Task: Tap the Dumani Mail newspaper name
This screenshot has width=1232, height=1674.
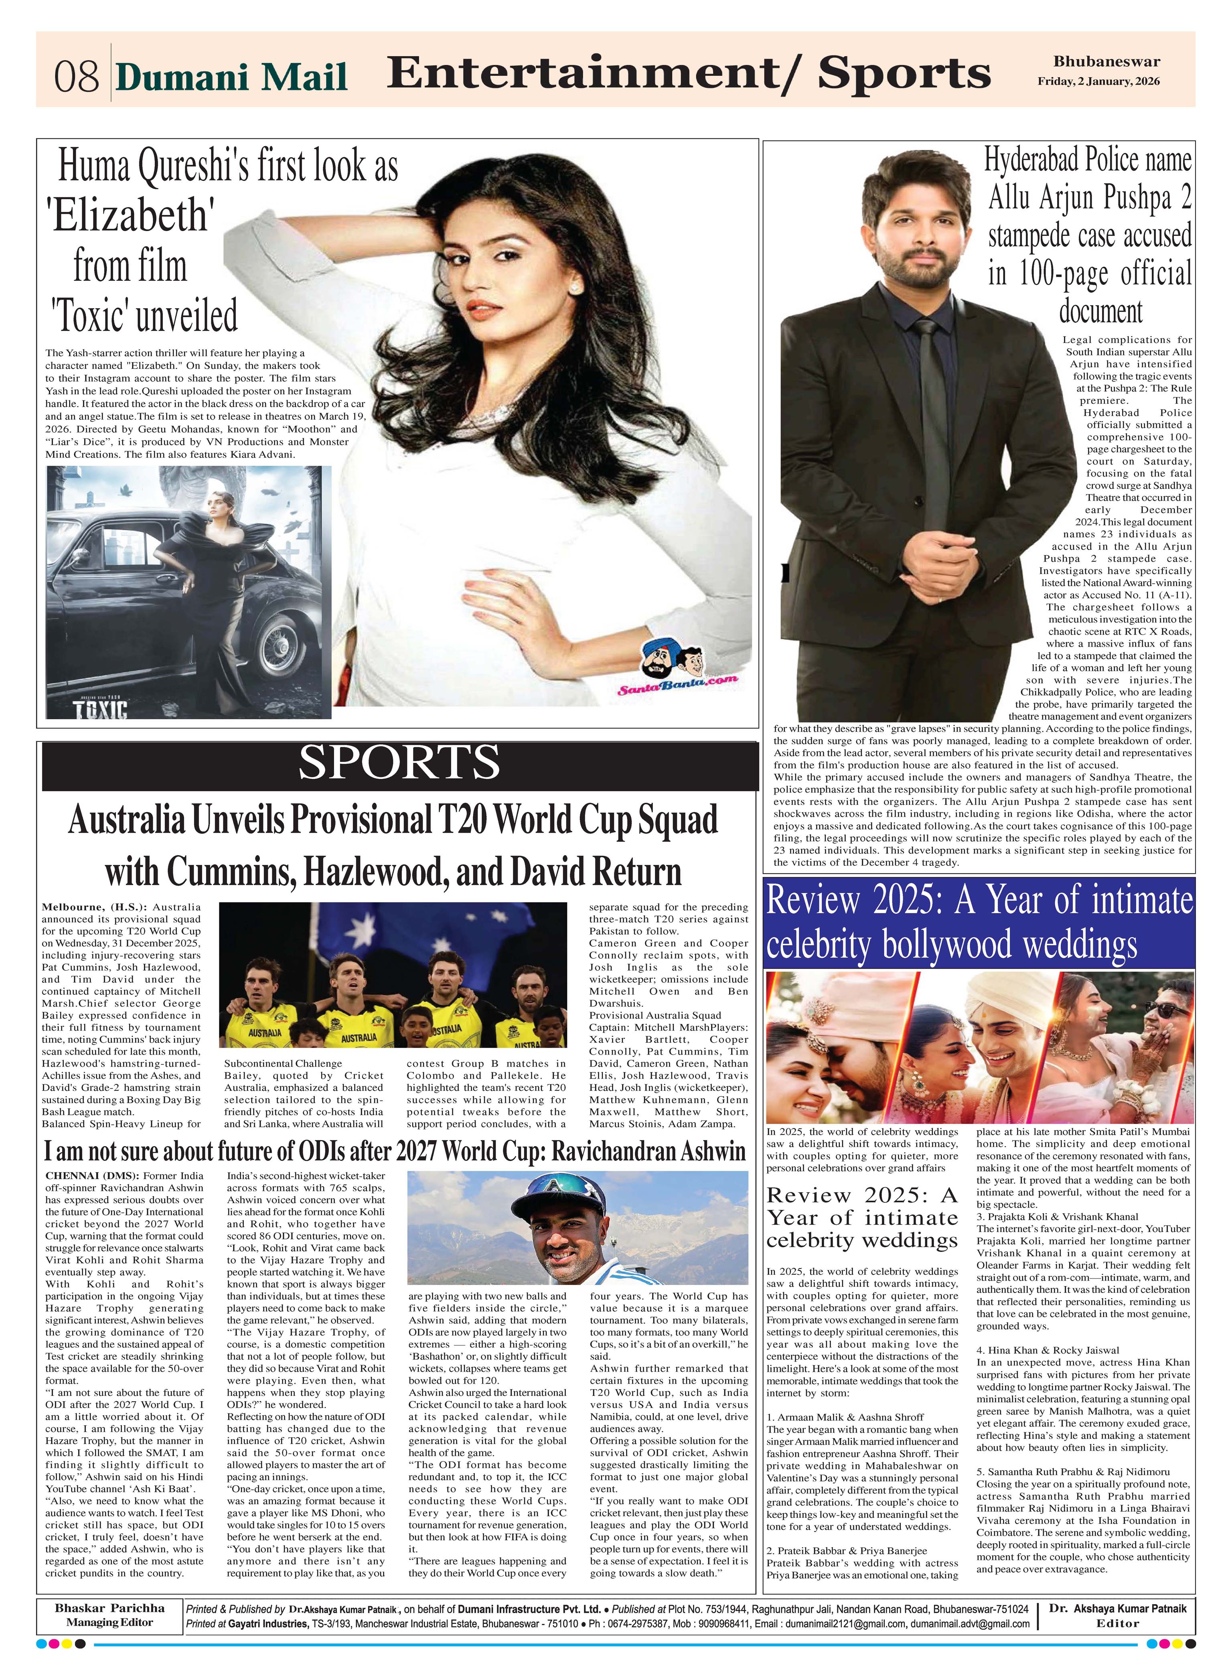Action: click(x=232, y=77)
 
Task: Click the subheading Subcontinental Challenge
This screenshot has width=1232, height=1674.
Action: click(x=283, y=1063)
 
